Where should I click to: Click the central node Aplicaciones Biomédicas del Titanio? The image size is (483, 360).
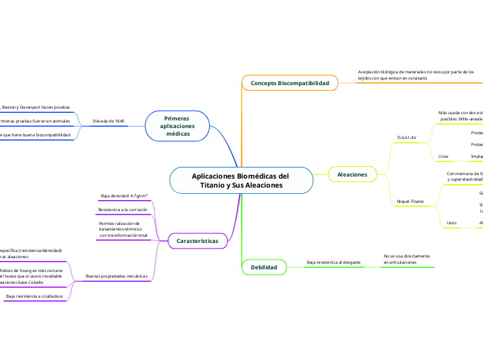[x=241, y=180]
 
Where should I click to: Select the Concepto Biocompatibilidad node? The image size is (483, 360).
[x=290, y=83]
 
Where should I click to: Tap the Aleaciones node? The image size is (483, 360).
[x=352, y=174]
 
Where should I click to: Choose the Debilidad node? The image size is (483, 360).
[x=263, y=267]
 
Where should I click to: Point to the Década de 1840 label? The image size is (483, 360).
[x=108, y=121]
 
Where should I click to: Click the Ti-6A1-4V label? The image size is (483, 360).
[x=406, y=137]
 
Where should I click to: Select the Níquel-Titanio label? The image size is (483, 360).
[x=410, y=201]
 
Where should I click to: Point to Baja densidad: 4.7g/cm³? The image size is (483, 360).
[x=125, y=196]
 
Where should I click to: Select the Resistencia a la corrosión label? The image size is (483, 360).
[x=123, y=209]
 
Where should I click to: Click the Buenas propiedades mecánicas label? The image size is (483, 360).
[x=116, y=276]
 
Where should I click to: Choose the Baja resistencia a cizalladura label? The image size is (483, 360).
[x=35, y=296]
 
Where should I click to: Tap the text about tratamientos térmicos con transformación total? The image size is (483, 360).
[x=123, y=230]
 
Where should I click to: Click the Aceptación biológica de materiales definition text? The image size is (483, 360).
[x=416, y=75]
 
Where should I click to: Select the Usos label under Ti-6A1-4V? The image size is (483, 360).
[x=444, y=156]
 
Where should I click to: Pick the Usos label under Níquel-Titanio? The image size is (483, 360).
[x=452, y=222]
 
